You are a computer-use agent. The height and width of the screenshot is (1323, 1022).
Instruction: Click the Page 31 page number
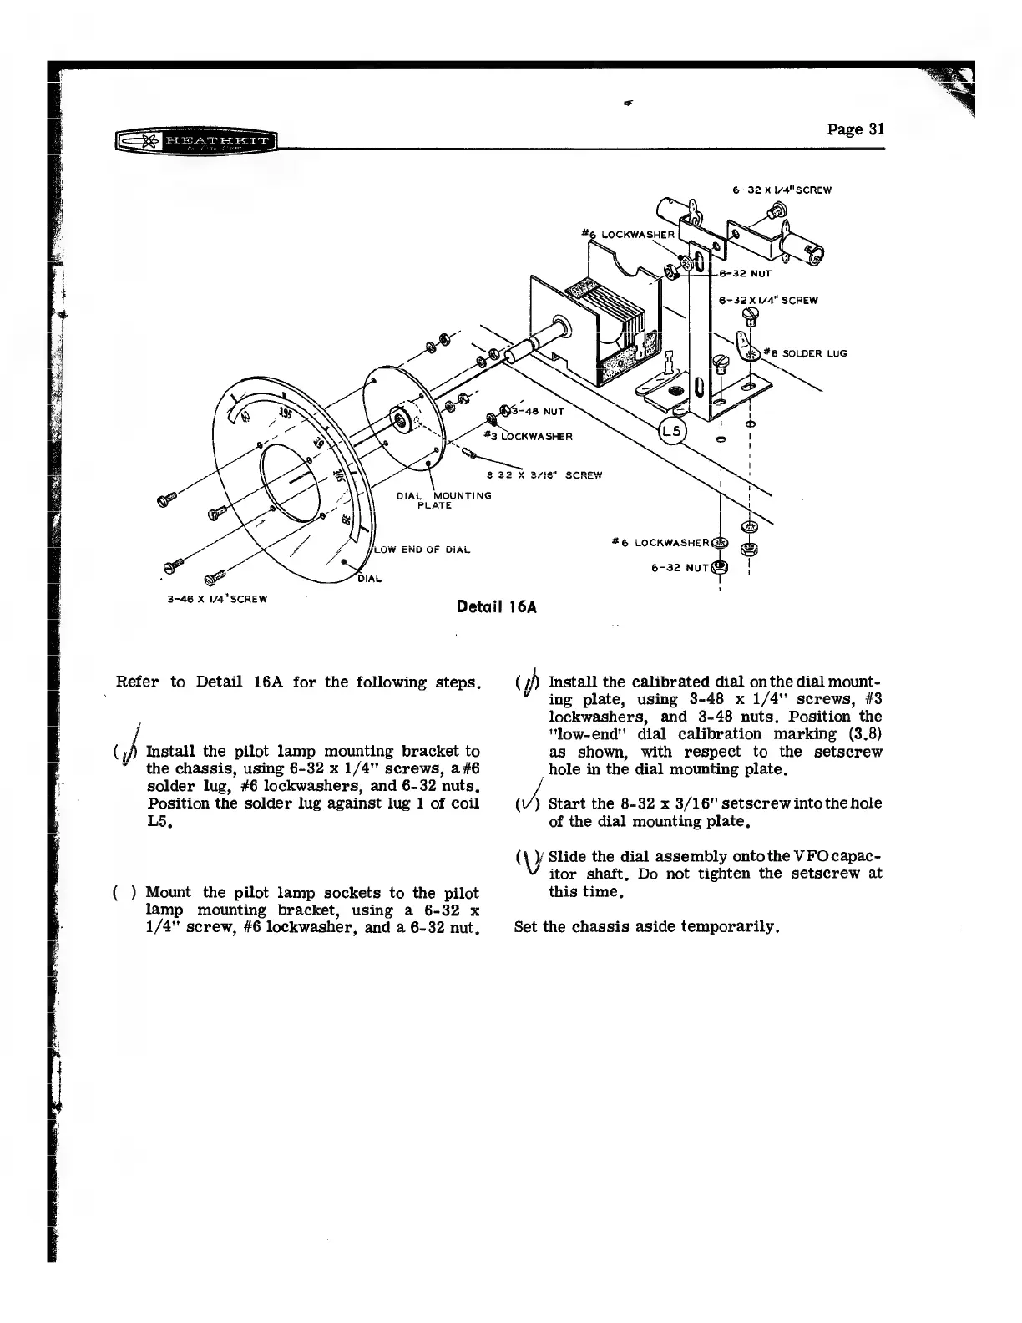click(x=855, y=129)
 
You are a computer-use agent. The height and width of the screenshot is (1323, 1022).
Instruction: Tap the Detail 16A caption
click(x=496, y=606)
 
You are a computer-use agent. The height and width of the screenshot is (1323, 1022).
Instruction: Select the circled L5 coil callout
click(x=671, y=432)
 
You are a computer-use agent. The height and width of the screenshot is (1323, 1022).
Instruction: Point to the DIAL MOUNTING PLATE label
click(x=443, y=499)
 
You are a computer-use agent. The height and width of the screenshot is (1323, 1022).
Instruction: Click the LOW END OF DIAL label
click(x=422, y=549)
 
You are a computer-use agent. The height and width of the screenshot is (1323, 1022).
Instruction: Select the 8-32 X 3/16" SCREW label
click(x=546, y=475)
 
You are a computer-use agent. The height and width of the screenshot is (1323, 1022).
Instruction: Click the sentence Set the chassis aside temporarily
click(x=647, y=927)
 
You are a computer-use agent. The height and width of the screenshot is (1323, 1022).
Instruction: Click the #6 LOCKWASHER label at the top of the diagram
click(x=630, y=236)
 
